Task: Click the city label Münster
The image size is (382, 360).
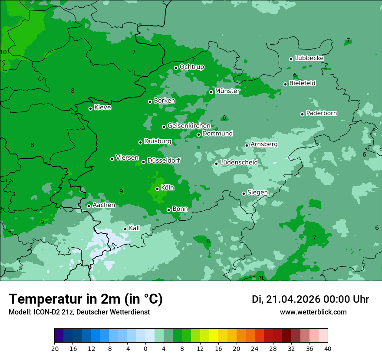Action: point(227,91)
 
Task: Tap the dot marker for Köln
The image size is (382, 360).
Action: point(157,189)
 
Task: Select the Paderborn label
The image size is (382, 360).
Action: point(321,113)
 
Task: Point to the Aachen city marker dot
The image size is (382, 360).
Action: point(89,206)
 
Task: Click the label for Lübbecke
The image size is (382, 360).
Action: point(309,58)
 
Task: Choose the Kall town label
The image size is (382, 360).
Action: point(134,228)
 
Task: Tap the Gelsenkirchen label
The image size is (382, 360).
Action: point(189,126)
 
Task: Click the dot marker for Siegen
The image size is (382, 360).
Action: point(244,193)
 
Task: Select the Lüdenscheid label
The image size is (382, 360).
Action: point(239,163)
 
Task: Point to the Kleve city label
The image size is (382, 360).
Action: point(102,108)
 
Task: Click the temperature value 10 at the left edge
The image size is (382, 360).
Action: point(3,52)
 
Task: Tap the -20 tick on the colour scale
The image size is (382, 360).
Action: point(54,348)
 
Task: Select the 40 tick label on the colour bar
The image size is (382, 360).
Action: point(328,348)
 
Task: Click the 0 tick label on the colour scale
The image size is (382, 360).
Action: point(145,348)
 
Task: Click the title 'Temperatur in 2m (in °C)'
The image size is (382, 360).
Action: point(86,299)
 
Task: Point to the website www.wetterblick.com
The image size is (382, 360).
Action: point(313,312)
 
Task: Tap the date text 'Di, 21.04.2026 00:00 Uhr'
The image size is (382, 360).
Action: point(310,299)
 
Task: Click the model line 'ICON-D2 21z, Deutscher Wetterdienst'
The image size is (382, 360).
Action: point(79,312)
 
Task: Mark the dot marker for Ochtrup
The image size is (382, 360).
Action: point(176,68)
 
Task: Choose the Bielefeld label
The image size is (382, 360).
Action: point(302,83)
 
